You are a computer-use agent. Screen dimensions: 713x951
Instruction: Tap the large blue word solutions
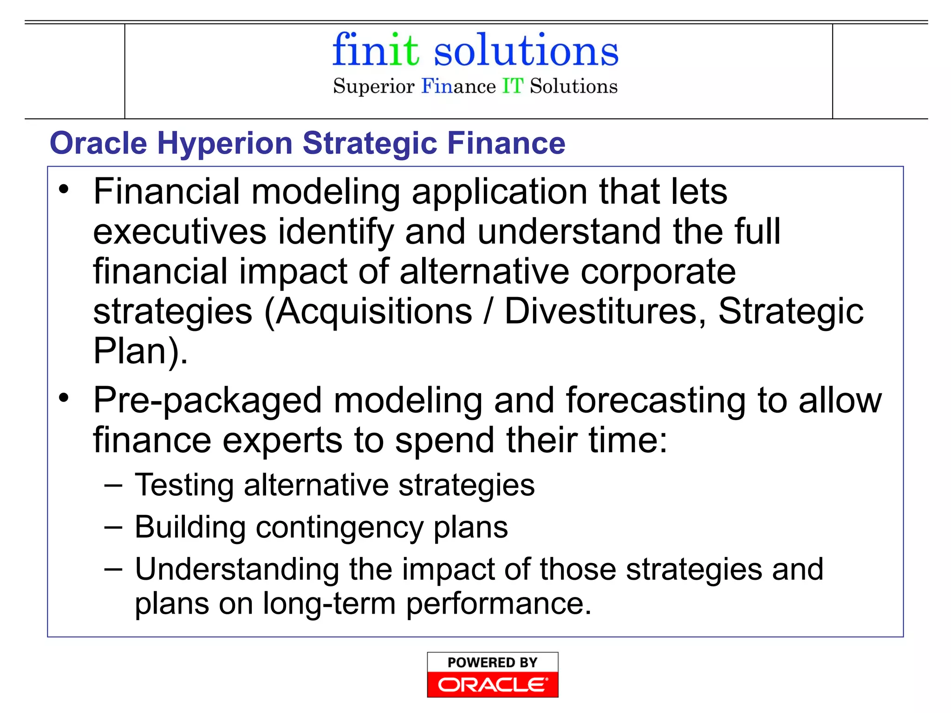tap(526, 51)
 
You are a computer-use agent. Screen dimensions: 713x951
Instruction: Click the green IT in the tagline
tap(513, 86)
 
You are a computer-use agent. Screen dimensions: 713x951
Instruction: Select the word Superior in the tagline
tap(373, 87)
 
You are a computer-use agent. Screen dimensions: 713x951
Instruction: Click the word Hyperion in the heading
tap(225, 143)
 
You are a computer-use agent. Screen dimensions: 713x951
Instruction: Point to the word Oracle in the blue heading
tap(98, 143)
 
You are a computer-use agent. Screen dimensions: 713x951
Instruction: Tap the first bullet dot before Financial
tap(64, 189)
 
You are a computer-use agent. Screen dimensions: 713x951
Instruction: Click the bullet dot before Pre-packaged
tap(64, 397)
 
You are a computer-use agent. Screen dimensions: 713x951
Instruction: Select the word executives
tap(180, 232)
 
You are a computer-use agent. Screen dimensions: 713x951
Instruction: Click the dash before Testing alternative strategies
tap(113, 486)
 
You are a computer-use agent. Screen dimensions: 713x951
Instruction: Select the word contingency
tap(339, 528)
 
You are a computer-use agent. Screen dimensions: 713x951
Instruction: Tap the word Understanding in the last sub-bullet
tap(237, 570)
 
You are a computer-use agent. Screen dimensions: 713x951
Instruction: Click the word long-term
tap(329, 604)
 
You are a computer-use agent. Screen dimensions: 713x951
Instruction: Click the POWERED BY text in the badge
tap(492, 662)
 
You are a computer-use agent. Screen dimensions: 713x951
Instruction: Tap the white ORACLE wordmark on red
tap(492, 685)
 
